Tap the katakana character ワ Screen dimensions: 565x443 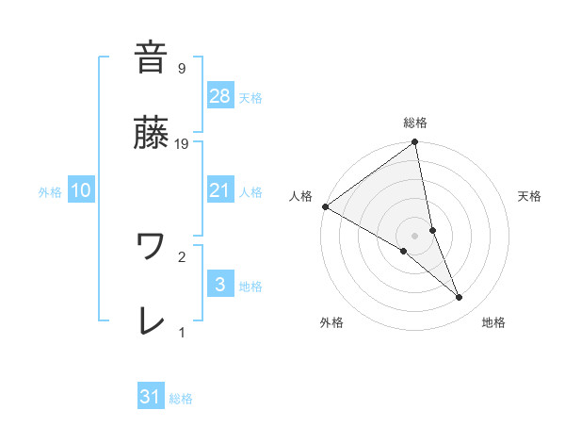[151, 247]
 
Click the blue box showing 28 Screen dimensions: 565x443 [219, 95]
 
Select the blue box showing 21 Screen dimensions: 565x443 [219, 189]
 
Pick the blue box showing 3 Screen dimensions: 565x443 [219, 284]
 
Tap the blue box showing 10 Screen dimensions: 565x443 [81, 190]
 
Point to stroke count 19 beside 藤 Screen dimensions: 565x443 [183, 144]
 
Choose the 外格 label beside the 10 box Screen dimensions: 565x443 [50, 191]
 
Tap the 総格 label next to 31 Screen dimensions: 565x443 [181, 399]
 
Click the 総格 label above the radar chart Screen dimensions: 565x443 [415, 123]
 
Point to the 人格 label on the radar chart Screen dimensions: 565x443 [300, 195]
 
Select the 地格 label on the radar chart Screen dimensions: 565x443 [493, 322]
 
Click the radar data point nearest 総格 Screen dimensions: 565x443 [414, 143]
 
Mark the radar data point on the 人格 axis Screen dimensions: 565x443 [325, 205]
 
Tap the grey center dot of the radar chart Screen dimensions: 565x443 [415, 235]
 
